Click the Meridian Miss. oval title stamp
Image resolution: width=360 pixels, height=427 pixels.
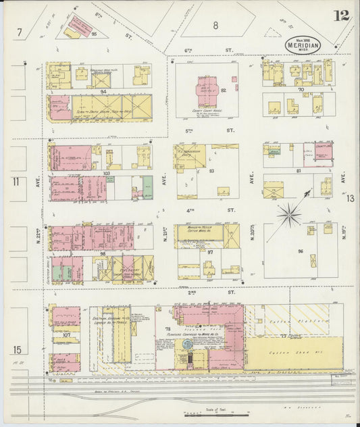302,45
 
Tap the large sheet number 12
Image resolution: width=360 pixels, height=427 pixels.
341,16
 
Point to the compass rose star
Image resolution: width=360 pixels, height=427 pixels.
290,214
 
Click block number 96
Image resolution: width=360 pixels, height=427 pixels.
301,251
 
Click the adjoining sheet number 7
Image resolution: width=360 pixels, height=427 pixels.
21,32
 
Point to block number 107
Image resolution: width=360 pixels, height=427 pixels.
66,333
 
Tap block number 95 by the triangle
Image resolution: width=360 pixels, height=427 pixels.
95,32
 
